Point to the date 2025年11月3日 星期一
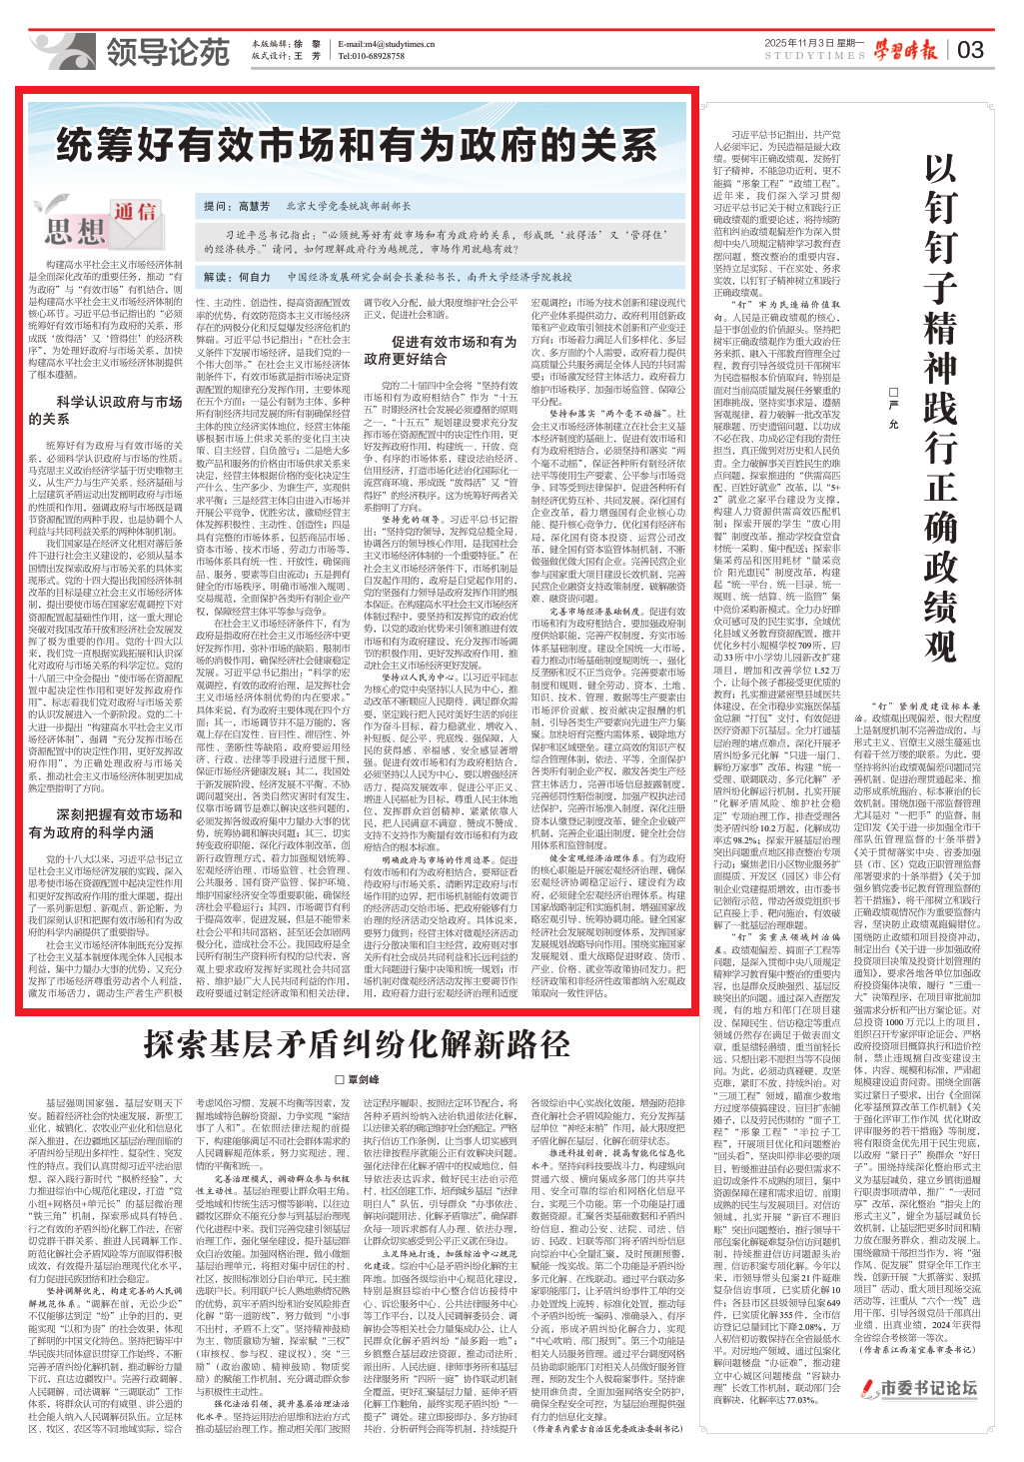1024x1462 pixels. click(813, 43)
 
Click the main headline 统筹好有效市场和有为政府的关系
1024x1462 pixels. click(357, 145)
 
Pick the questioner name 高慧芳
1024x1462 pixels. click(254, 206)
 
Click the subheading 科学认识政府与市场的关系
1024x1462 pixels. click(105, 410)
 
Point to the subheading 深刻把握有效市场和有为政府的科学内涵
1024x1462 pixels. click(105, 823)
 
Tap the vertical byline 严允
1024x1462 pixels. click(894, 410)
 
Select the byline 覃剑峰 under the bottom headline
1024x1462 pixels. click(358, 1080)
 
